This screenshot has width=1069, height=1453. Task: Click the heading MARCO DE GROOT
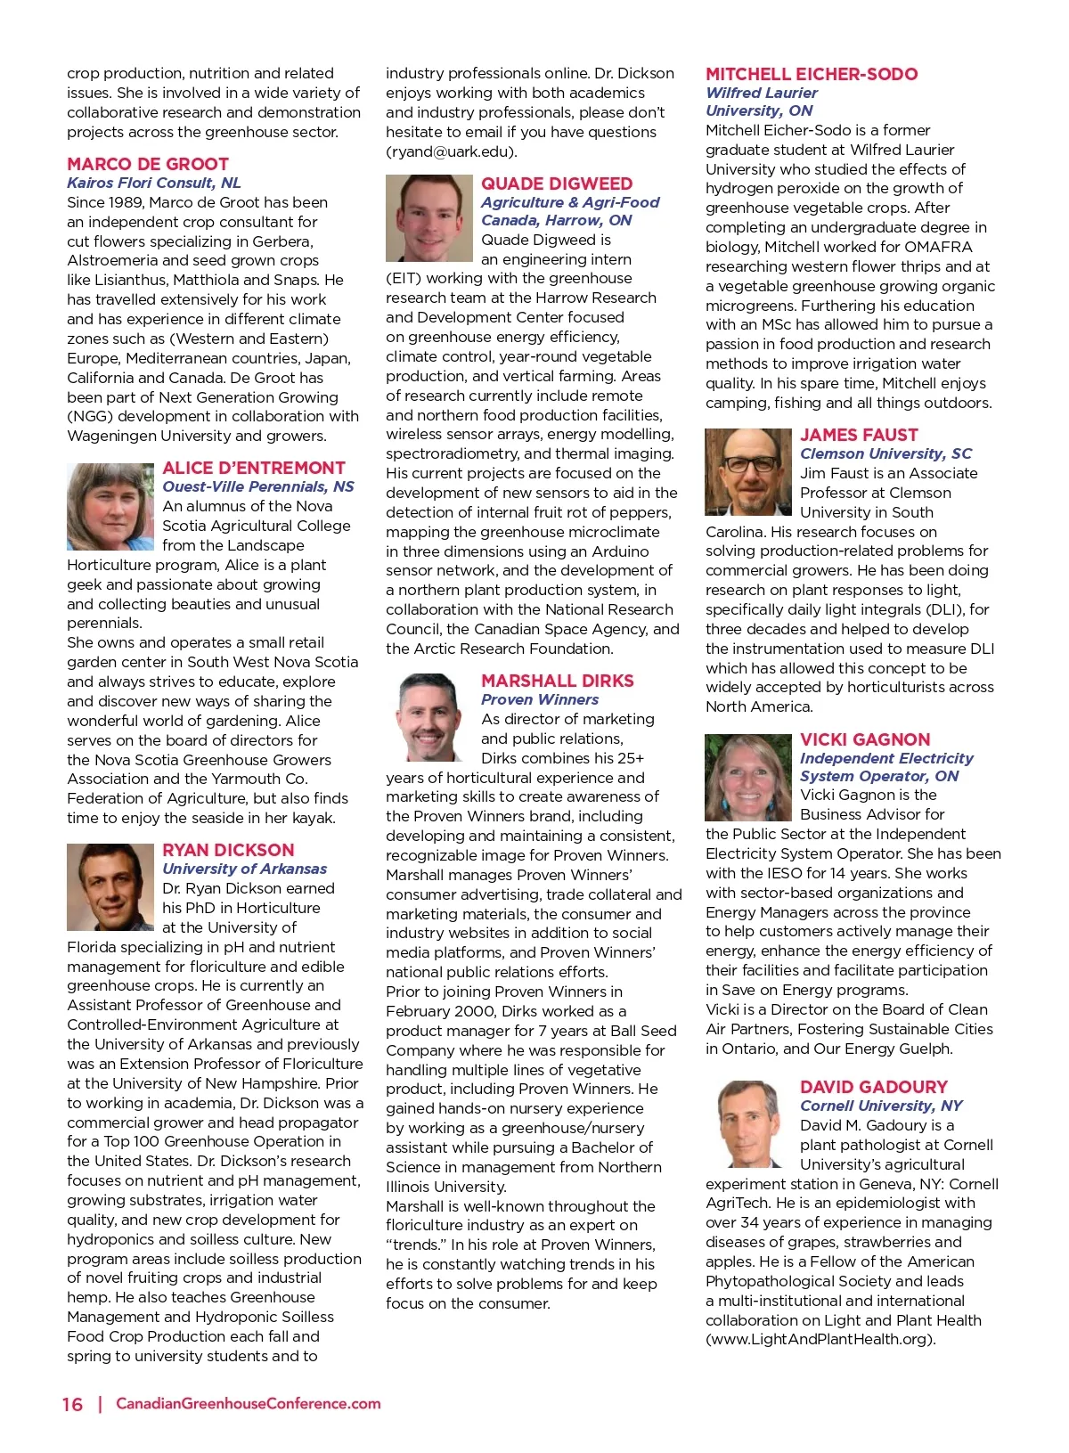click(x=148, y=164)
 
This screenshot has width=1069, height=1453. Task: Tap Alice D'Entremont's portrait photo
click(x=110, y=506)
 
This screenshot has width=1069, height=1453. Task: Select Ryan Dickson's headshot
click(x=110, y=887)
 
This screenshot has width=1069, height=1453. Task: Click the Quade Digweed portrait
click(x=428, y=218)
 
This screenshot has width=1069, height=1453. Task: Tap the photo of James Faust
click(x=748, y=472)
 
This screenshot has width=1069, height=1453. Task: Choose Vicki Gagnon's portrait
click(x=748, y=777)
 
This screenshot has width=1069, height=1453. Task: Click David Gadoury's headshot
click(x=748, y=1123)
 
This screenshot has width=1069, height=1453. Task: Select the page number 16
click(x=72, y=1404)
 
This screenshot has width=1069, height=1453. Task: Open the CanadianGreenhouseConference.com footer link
click(x=249, y=1403)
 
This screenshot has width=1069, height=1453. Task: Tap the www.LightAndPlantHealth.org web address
click(x=820, y=1339)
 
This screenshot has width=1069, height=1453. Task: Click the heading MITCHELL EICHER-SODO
click(x=812, y=74)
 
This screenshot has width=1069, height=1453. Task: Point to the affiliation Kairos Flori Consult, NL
click(x=154, y=183)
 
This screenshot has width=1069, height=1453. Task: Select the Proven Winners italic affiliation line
click(x=540, y=699)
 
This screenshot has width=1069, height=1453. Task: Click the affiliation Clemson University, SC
click(x=885, y=453)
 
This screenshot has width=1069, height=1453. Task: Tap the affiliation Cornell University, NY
click(x=881, y=1106)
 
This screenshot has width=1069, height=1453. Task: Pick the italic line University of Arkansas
click(x=244, y=869)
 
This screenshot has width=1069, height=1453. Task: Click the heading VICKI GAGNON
click(x=865, y=739)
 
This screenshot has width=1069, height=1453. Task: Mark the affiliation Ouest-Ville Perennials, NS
click(x=258, y=486)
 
